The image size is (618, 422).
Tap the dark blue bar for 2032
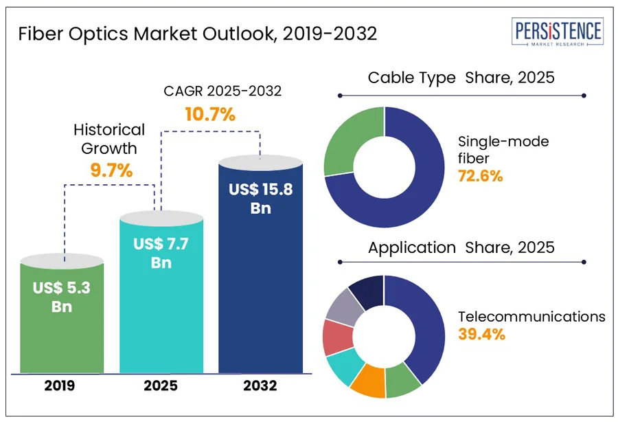click(x=260, y=289)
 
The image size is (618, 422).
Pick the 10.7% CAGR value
click(x=210, y=114)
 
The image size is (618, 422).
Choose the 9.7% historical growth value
click(x=111, y=170)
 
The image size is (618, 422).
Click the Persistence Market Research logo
click(x=558, y=33)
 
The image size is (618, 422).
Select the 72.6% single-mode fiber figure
click(x=481, y=176)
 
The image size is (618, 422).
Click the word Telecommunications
click(x=532, y=317)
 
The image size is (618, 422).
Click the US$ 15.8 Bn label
click(x=261, y=198)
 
